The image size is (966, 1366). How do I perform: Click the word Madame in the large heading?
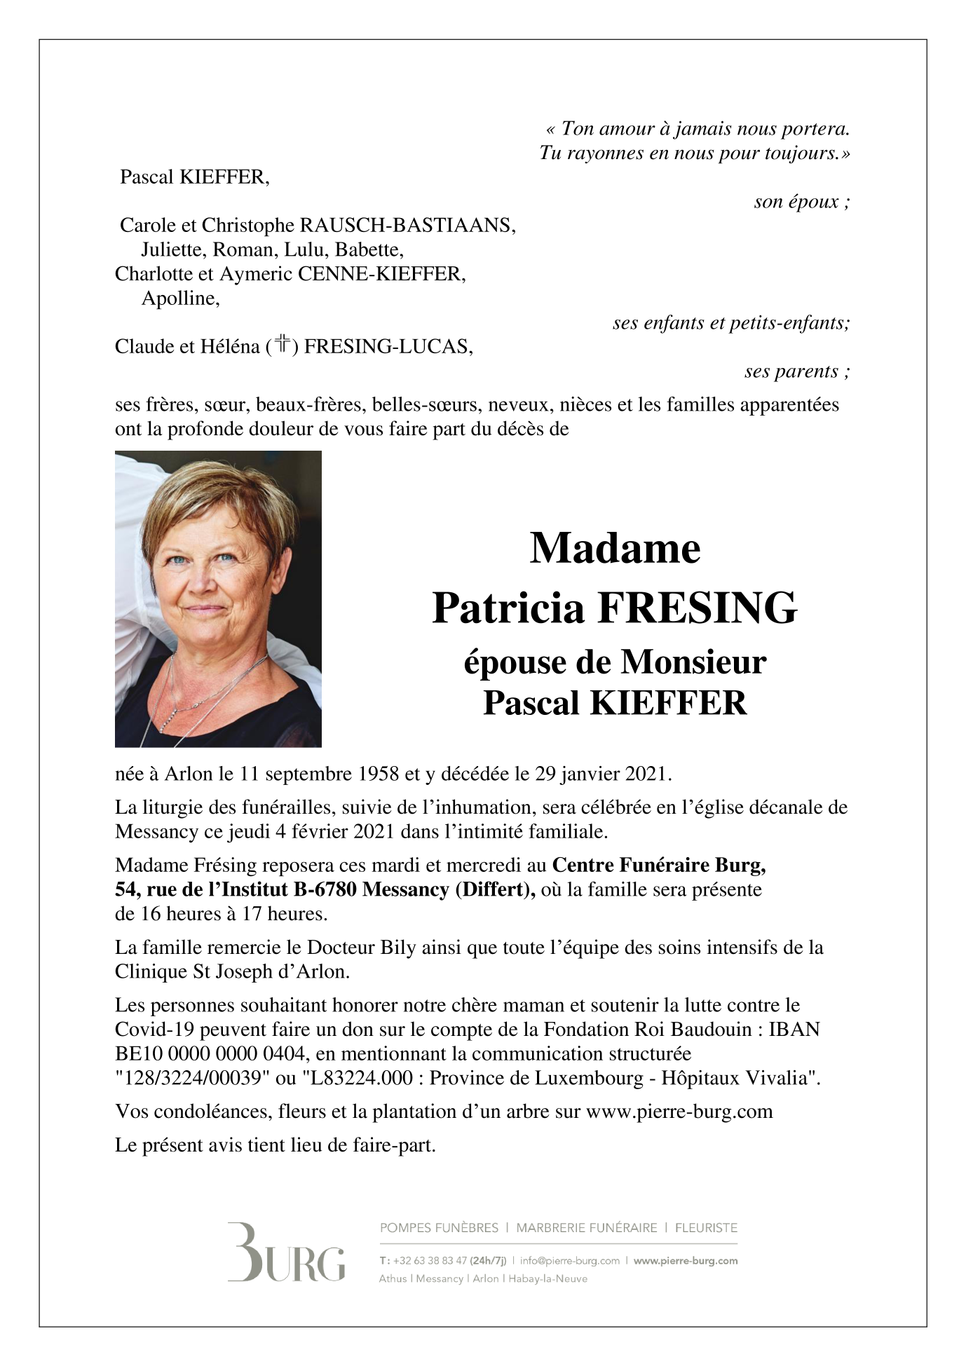(x=615, y=548)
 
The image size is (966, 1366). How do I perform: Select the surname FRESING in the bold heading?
(x=697, y=608)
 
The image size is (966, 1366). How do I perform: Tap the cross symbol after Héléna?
(x=283, y=345)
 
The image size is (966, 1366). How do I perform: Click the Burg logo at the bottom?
(x=286, y=1261)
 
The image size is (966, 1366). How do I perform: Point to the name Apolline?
(x=180, y=299)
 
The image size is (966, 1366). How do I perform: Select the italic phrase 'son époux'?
(x=797, y=203)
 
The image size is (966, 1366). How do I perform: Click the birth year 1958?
(x=379, y=774)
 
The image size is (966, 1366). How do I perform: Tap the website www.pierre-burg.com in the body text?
(x=679, y=1112)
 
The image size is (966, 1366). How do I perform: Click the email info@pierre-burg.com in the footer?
(x=569, y=1261)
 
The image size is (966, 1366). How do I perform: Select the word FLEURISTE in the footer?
(x=706, y=1228)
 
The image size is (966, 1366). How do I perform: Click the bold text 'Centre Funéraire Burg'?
(x=658, y=866)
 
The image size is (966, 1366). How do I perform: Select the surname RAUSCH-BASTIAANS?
(x=407, y=226)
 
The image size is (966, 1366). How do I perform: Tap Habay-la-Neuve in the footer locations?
(x=547, y=1279)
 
